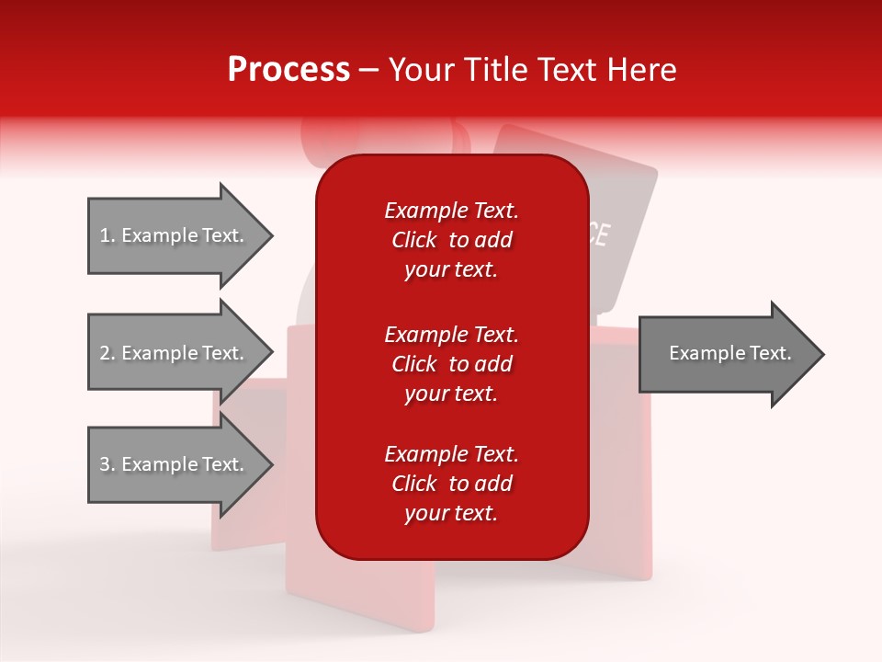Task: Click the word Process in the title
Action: pos(288,70)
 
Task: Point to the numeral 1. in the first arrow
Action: pos(107,235)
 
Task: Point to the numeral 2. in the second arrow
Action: pos(107,353)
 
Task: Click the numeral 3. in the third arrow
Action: pos(107,464)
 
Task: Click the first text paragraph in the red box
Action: pos(451,240)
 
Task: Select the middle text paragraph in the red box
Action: pos(451,364)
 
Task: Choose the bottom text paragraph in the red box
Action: pos(451,484)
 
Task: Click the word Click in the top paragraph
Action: pos(414,240)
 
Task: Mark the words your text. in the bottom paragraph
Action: pos(451,513)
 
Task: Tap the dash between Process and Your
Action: pos(368,71)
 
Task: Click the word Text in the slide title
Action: pos(564,70)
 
